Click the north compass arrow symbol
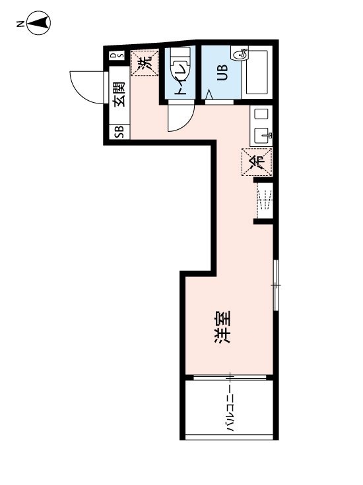[x=39, y=23]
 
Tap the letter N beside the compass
[x=20, y=24]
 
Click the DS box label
[x=117, y=55]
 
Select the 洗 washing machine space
[x=145, y=63]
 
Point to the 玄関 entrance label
[x=119, y=94]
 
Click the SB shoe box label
[x=119, y=131]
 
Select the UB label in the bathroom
[x=222, y=72]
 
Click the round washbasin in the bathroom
[x=240, y=54]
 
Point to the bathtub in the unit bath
[x=257, y=72]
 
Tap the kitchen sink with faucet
[x=262, y=136]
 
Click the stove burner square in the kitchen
[x=261, y=113]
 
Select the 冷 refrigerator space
[x=257, y=161]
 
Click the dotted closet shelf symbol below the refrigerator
[x=265, y=200]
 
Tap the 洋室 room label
[x=223, y=327]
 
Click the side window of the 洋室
[x=276, y=285]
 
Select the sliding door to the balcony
[x=230, y=378]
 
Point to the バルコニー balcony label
[x=230, y=408]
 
